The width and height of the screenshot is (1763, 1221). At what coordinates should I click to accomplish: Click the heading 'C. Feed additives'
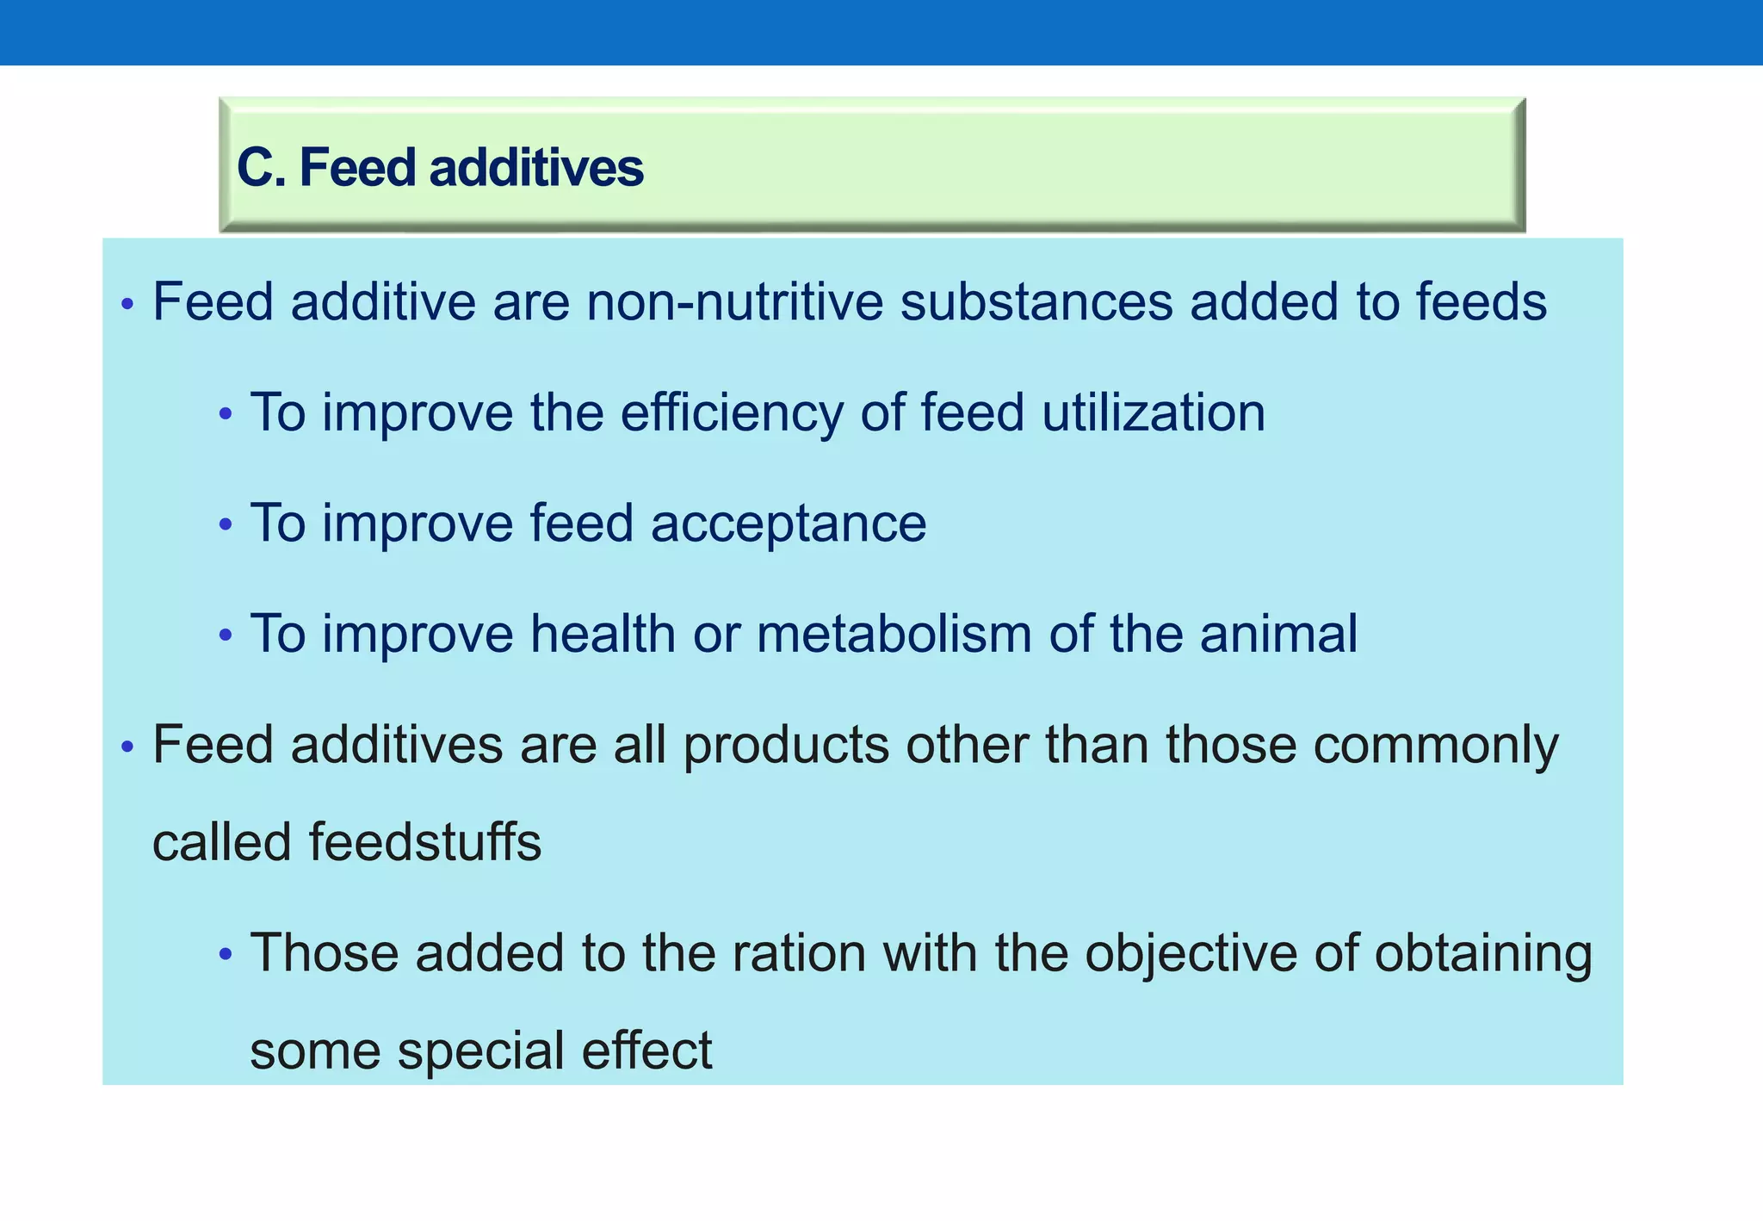(440, 167)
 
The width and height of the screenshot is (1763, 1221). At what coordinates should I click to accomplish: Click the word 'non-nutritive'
(734, 302)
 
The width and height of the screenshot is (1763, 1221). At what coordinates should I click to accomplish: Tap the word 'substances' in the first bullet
(1036, 302)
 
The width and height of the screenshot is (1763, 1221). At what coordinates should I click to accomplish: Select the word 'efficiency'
(732, 412)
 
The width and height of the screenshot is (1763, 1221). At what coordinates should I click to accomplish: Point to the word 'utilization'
(1153, 412)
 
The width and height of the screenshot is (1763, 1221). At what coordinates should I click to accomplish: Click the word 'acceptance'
(788, 524)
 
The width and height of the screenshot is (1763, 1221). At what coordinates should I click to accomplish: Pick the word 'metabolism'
(894, 634)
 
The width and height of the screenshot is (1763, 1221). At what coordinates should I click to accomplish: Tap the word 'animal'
(1278, 634)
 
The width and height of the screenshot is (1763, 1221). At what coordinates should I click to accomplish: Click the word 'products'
(786, 745)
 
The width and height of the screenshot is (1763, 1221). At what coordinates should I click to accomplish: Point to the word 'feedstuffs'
(424, 842)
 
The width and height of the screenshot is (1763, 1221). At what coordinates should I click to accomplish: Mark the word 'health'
(603, 634)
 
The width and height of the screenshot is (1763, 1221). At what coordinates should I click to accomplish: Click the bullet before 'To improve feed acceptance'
(226, 524)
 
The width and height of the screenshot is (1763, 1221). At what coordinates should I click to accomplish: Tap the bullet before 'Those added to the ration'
(226, 954)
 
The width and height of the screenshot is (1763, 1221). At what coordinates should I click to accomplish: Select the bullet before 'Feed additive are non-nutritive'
(127, 304)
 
